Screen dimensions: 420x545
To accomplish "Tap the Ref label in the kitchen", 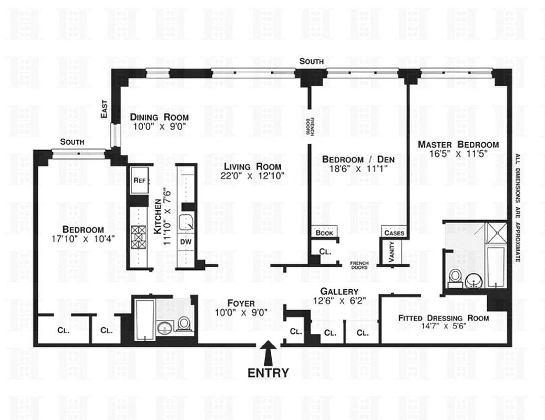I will click(139, 180).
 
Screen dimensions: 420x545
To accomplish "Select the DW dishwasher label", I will click(186, 241).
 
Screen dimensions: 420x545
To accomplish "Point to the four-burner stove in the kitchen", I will click(140, 237).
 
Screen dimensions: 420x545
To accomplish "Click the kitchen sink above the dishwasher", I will click(185, 223).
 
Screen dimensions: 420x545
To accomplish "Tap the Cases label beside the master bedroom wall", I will click(394, 233).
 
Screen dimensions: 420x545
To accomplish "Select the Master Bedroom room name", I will click(458, 144).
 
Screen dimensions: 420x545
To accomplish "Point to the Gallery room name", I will click(339, 291).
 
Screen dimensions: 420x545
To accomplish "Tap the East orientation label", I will click(104, 111).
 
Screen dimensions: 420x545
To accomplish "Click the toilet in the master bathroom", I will click(456, 277).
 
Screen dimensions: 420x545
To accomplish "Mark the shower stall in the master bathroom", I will click(496, 232).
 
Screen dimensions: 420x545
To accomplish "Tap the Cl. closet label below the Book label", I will click(325, 252).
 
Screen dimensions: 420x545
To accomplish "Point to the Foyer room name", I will click(241, 303).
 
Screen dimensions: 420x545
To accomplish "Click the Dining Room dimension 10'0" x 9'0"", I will click(159, 127).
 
